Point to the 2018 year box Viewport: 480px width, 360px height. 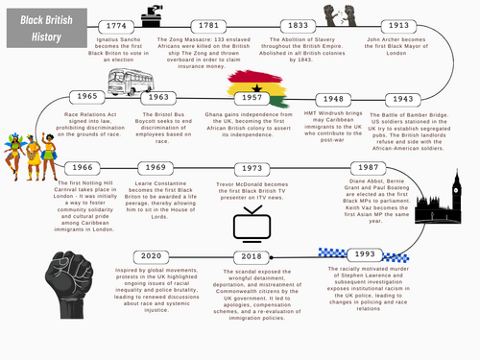tap(252, 257)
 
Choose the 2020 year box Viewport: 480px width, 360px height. tap(151, 257)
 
